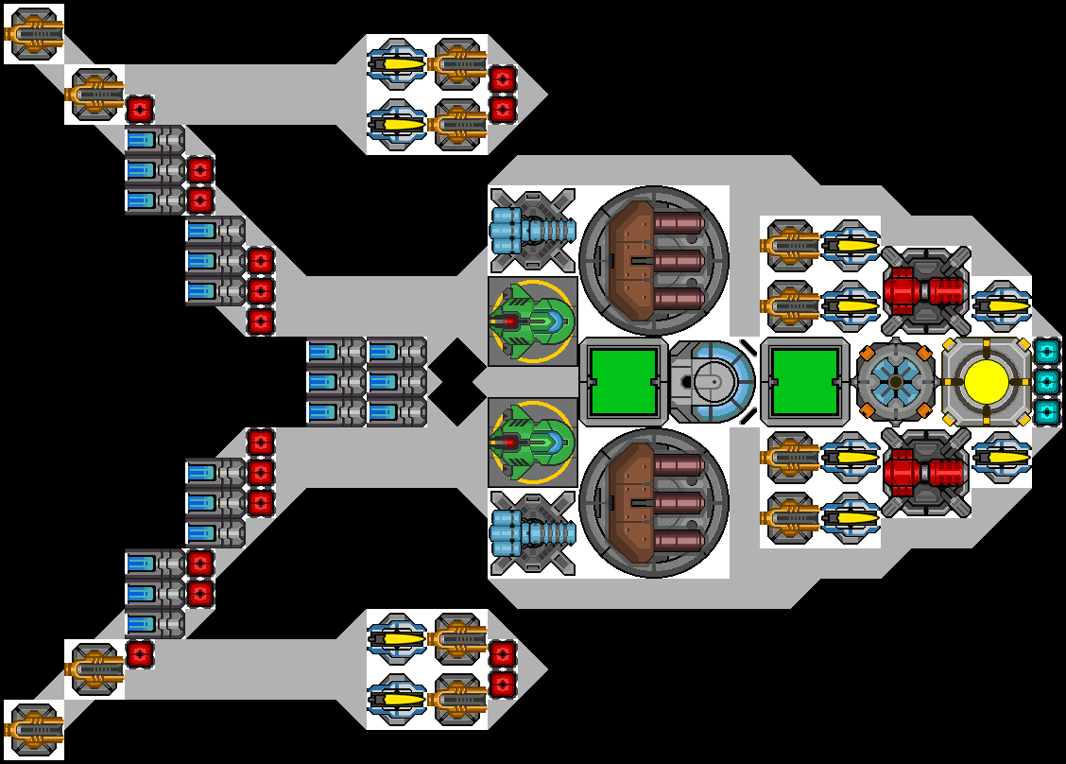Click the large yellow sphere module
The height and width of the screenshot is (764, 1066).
point(987,382)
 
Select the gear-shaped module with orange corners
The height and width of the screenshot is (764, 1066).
point(896,382)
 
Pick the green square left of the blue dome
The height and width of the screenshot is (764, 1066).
point(623,382)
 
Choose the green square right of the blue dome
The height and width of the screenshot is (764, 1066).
point(804,382)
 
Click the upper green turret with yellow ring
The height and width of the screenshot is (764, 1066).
point(532,321)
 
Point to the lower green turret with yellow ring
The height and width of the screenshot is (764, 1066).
point(532,443)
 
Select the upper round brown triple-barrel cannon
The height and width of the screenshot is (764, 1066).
point(654,260)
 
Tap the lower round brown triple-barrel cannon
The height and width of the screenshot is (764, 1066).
point(654,503)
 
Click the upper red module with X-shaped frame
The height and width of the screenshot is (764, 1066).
point(925,291)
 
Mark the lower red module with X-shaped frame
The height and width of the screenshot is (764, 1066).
point(925,473)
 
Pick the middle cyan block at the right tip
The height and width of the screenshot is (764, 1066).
point(1046,382)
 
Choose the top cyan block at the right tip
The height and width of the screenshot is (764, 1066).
point(1046,352)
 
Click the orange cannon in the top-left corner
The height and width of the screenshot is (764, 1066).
point(34,34)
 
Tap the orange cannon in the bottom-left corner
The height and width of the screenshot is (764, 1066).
point(34,730)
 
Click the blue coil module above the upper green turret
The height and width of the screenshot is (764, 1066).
point(532,231)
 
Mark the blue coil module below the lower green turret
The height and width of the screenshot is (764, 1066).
point(532,533)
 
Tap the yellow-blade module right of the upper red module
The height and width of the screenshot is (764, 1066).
point(1002,305)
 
